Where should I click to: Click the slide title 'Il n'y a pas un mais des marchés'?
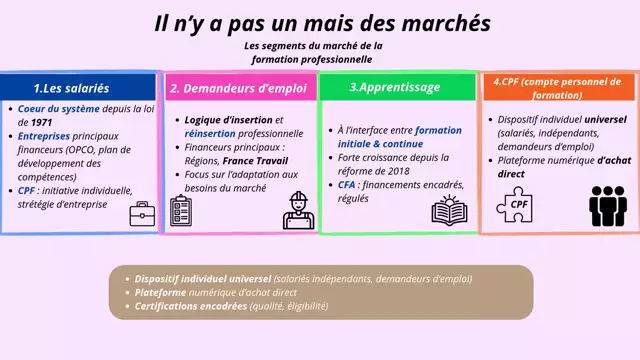pos(323,22)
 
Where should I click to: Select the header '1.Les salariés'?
pos(71,88)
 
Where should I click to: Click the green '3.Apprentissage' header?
pos(395,87)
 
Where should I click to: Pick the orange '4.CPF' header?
pos(558,88)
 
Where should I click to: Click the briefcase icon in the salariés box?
pos(141,212)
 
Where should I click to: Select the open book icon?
pos(449,211)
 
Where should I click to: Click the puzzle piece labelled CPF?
pos(519,204)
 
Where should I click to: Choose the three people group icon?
pos(606,204)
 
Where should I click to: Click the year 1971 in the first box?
pos(29,123)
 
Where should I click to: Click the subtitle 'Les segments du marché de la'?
pos(313,46)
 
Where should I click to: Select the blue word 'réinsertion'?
pos(208,132)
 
